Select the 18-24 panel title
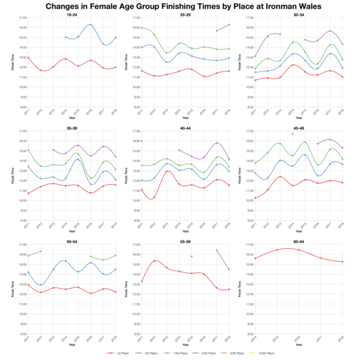pyautogui.click(x=71, y=14)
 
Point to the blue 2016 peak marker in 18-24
pyautogui.click(x=90, y=25)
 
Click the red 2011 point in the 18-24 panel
pyautogui.click(x=28, y=58)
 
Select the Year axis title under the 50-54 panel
pyautogui.click(x=71, y=345)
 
